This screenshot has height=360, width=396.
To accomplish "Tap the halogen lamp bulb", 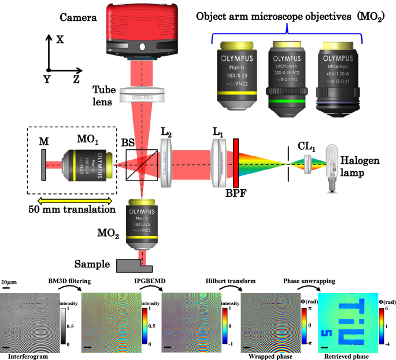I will pyautogui.click(x=333, y=157).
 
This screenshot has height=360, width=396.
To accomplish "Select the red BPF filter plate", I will pyautogui.click(x=236, y=164).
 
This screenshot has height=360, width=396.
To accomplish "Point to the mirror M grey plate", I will pyautogui.click(x=44, y=165).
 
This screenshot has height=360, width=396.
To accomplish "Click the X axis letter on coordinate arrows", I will pyautogui.click(x=60, y=39).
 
